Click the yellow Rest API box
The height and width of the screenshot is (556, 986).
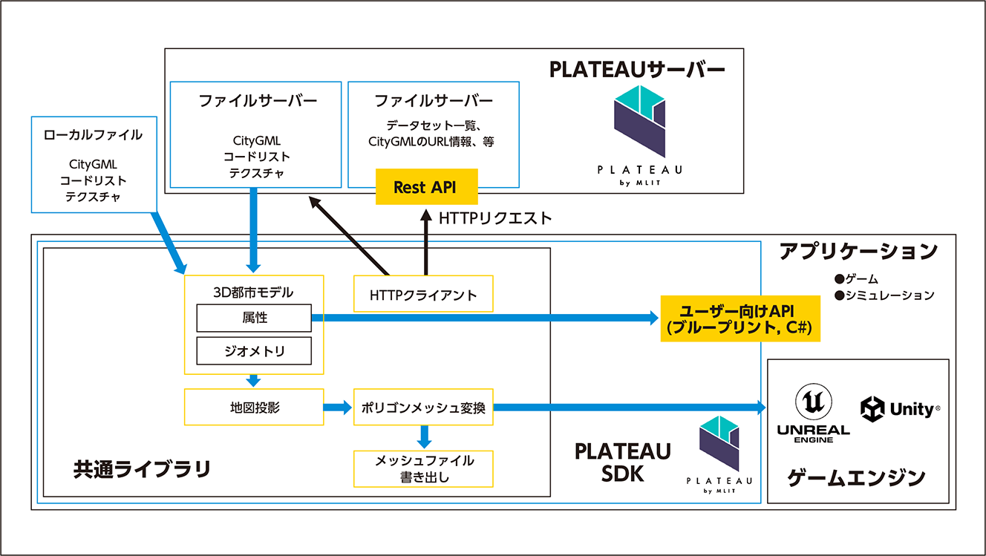click(425, 187)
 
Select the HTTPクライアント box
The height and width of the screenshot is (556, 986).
click(423, 295)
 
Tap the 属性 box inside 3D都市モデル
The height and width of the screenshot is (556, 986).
click(254, 318)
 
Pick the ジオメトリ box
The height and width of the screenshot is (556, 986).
click(254, 351)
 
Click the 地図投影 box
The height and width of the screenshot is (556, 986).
click(254, 407)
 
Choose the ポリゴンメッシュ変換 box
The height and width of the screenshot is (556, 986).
click(423, 407)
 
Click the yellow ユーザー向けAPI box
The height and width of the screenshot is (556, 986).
click(740, 318)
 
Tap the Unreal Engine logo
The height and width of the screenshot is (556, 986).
click(813, 413)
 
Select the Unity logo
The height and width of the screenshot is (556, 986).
click(900, 408)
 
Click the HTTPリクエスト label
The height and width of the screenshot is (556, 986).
click(495, 218)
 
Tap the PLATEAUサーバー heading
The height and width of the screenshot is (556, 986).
click(637, 69)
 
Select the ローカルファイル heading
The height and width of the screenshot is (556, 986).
click(94, 135)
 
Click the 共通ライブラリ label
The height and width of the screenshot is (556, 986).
click(142, 469)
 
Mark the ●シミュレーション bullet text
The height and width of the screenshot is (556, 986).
click(884, 295)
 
